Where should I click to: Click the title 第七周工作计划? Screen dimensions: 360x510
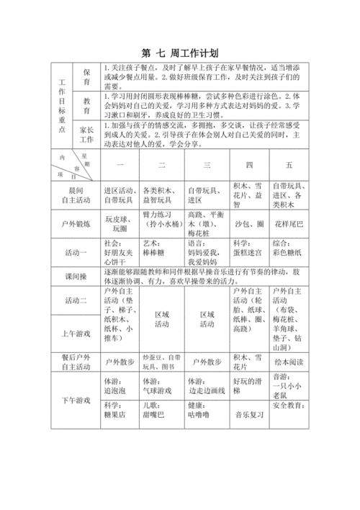[x=180, y=53]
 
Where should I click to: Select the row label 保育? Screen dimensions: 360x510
[x=86, y=77]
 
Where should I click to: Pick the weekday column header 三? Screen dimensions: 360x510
[x=207, y=164]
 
